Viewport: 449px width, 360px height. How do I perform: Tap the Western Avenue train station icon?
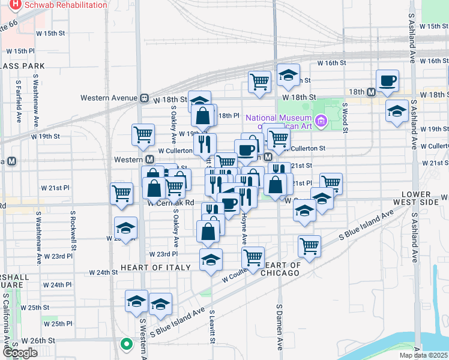coord(144,98)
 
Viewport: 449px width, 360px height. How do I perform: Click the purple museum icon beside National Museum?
coord(321,122)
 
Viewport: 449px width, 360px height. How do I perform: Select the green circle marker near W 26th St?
coord(125,344)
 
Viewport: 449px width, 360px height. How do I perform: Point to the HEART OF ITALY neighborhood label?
coord(149,267)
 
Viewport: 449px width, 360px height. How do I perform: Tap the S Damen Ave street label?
coord(280,327)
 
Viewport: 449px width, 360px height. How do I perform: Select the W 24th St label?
coord(103,272)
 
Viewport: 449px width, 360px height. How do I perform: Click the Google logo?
coord(20,353)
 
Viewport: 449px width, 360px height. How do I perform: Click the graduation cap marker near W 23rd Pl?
coord(211,259)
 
